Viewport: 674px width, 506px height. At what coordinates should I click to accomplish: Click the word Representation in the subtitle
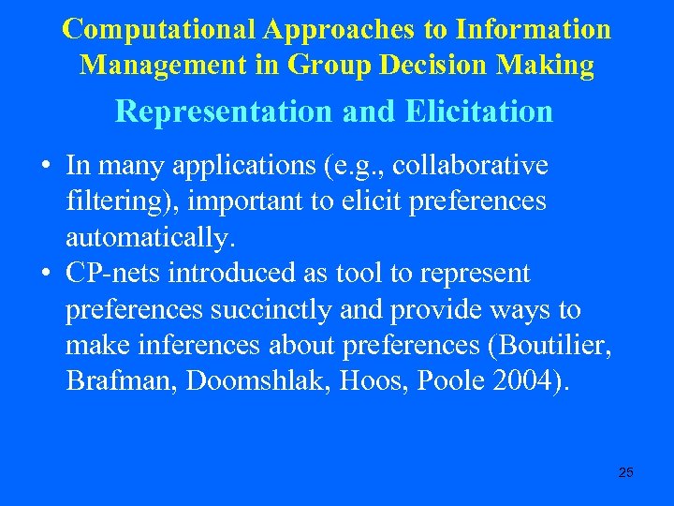223,112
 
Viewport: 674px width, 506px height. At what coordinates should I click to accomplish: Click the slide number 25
626,472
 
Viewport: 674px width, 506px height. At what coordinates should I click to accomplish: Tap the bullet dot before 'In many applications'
45,167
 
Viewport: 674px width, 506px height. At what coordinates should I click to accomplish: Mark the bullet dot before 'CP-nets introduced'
45,275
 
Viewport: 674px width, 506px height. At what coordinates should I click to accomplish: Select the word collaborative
471,166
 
